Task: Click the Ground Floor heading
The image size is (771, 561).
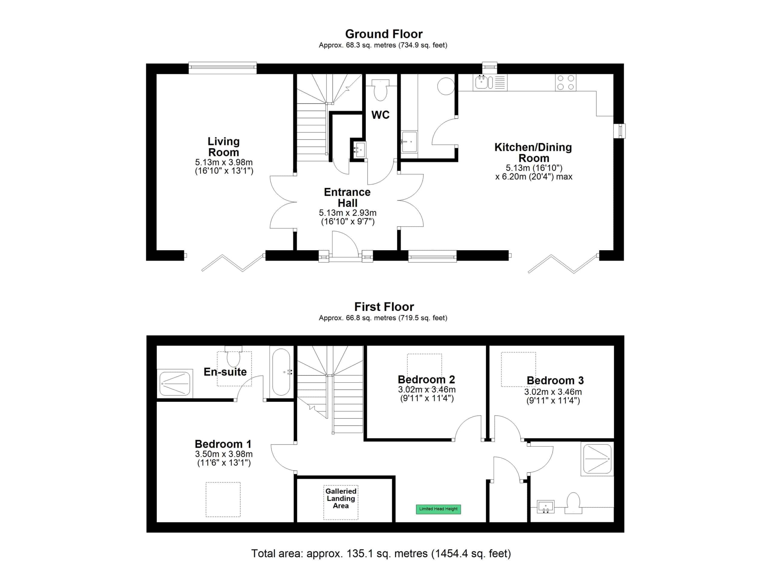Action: [x=384, y=34]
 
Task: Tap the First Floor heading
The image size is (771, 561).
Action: [x=384, y=307]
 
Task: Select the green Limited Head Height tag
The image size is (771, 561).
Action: [x=438, y=509]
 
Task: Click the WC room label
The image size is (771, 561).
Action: [x=380, y=115]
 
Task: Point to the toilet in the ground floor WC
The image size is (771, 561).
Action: [x=380, y=90]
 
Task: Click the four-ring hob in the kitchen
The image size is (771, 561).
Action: [x=566, y=83]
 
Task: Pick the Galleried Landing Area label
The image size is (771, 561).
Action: [x=341, y=498]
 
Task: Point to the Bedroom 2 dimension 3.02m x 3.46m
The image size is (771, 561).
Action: [x=427, y=390]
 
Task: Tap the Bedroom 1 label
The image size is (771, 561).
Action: [x=223, y=444]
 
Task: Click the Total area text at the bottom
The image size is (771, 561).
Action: [x=381, y=553]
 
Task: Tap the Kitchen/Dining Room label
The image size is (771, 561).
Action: [x=533, y=153]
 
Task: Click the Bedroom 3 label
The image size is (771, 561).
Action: [x=555, y=380]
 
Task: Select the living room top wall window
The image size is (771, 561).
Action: [x=223, y=68]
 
